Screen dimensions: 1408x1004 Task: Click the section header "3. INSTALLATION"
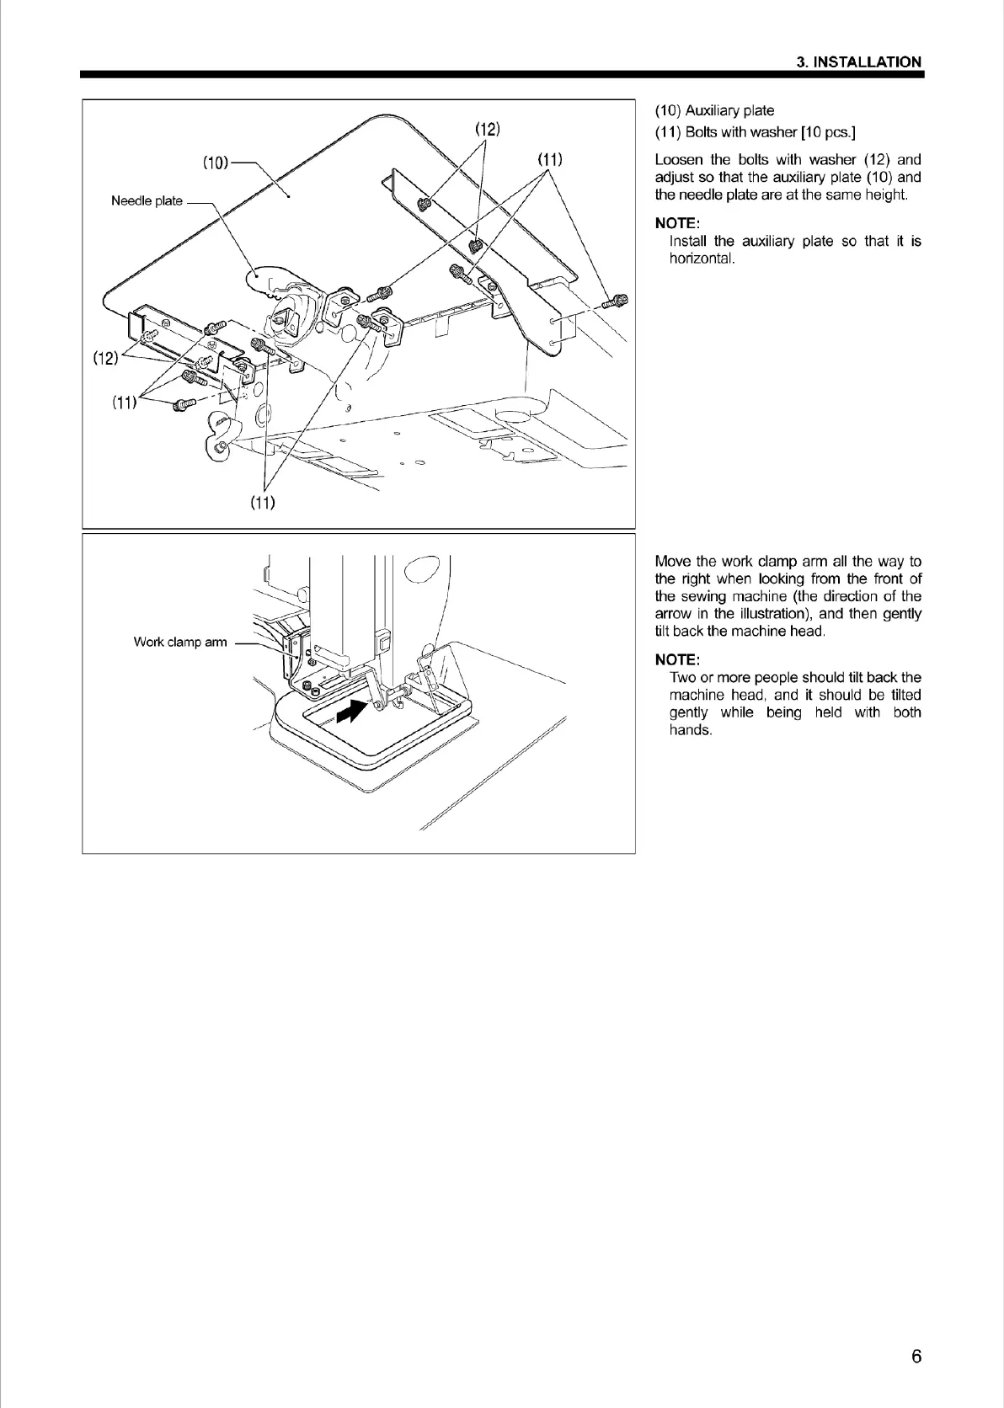[859, 61]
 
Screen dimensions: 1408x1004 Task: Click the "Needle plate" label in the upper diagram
[147, 200]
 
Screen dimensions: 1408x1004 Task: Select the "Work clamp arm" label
[180, 642]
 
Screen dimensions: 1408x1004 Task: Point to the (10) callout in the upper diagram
[215, 163]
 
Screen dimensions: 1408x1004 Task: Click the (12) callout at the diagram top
[488, 129]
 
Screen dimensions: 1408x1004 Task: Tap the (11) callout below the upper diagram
[263, 503]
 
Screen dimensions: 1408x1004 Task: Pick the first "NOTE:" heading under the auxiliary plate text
[676, 223]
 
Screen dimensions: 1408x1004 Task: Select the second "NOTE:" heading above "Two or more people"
[676, 659]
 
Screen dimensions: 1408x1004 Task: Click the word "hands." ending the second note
[691, 730]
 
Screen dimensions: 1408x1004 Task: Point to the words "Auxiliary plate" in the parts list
[729, 110]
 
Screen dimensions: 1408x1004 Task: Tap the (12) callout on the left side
[105, 358]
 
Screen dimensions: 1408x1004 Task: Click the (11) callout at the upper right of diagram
[550, 159]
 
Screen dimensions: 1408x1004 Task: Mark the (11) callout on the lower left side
[124, 402]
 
